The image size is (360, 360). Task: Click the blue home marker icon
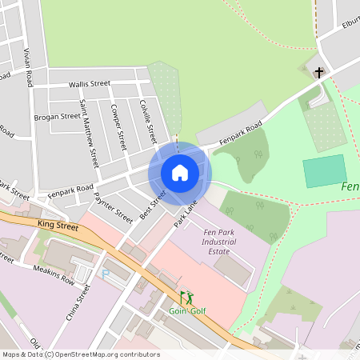click(x=180, y=173)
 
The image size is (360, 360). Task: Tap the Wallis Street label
click(x=89, y=83)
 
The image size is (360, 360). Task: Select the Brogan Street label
click(x=57, y=116)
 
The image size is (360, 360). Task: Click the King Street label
click(x=58, y=227)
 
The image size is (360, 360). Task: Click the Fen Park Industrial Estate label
click(x=219, y=242)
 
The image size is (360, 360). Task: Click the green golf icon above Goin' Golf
click(x=186, y=297)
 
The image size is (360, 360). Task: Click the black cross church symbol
click(x=319, y=73)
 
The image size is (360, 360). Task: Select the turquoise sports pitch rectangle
click(x=324, y=171)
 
